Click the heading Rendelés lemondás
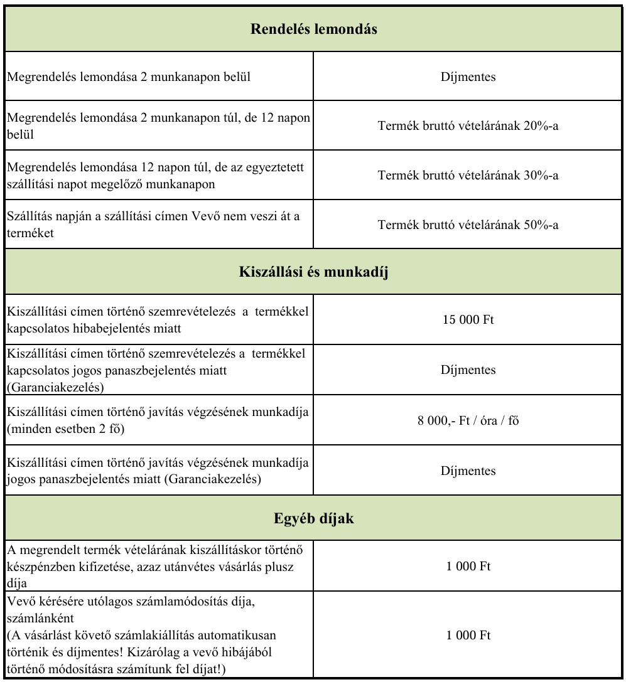point(314,29)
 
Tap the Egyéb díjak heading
point(314,518)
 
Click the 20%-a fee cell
point(468,125)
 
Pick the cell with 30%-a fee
point(468,176)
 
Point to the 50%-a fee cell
point(468,225)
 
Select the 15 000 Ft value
point(468,319)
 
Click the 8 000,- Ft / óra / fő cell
point(468,421)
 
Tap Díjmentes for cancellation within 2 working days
point(468,78)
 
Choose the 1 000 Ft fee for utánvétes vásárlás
point(468,566)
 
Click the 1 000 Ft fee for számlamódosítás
point(468,635)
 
